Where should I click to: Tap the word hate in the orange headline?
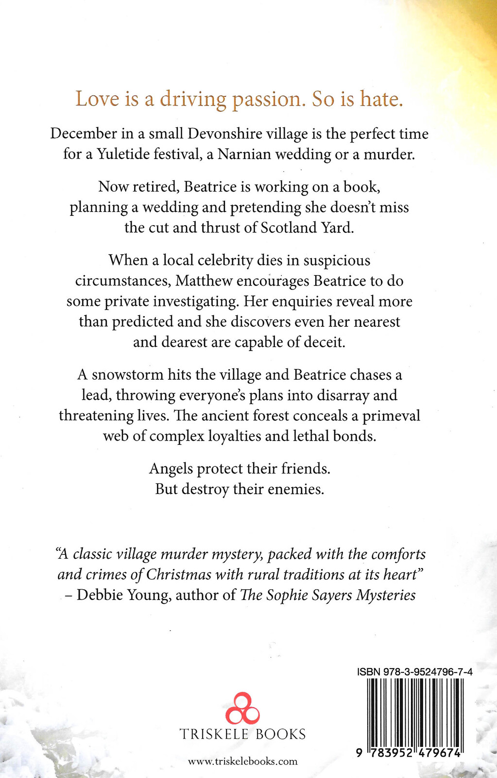[381, 99]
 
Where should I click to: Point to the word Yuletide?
[124, 154]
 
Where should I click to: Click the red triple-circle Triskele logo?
[242, 708]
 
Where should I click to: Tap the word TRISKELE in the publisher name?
[214, 734]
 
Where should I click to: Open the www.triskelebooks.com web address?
[242, 761]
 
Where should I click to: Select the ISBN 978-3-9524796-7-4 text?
[414, 672]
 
